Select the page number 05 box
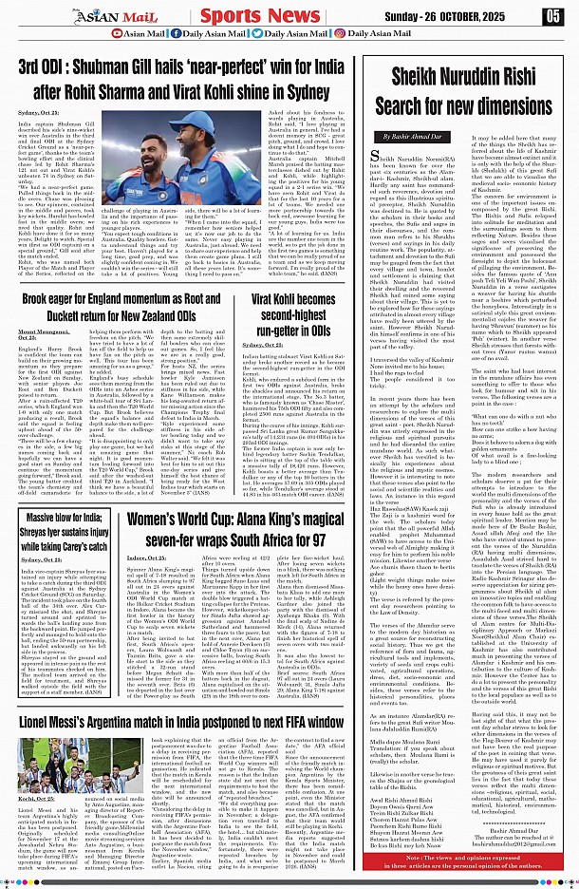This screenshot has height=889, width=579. tap(553, 15)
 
